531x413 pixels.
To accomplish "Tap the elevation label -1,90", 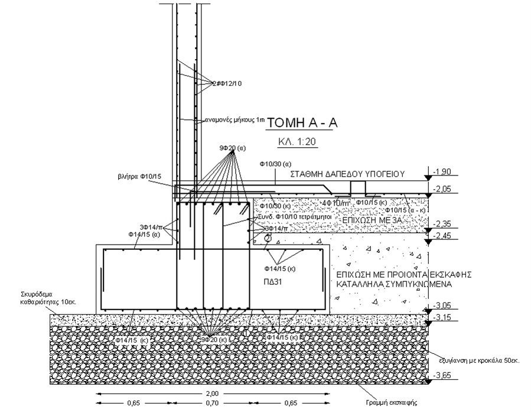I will point(442,172).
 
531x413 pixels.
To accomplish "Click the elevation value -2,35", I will point(442,224).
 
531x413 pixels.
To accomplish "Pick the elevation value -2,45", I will point(442,236).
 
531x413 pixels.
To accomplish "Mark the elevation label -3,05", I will point(442,305).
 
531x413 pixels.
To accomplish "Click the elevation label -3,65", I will point(442,375).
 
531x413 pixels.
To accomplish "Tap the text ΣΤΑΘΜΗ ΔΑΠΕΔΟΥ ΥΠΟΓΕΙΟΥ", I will point(347,174).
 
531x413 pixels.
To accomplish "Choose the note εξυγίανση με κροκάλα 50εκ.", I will point(479,360).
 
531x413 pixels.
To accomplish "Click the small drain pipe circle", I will point(267,239).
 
